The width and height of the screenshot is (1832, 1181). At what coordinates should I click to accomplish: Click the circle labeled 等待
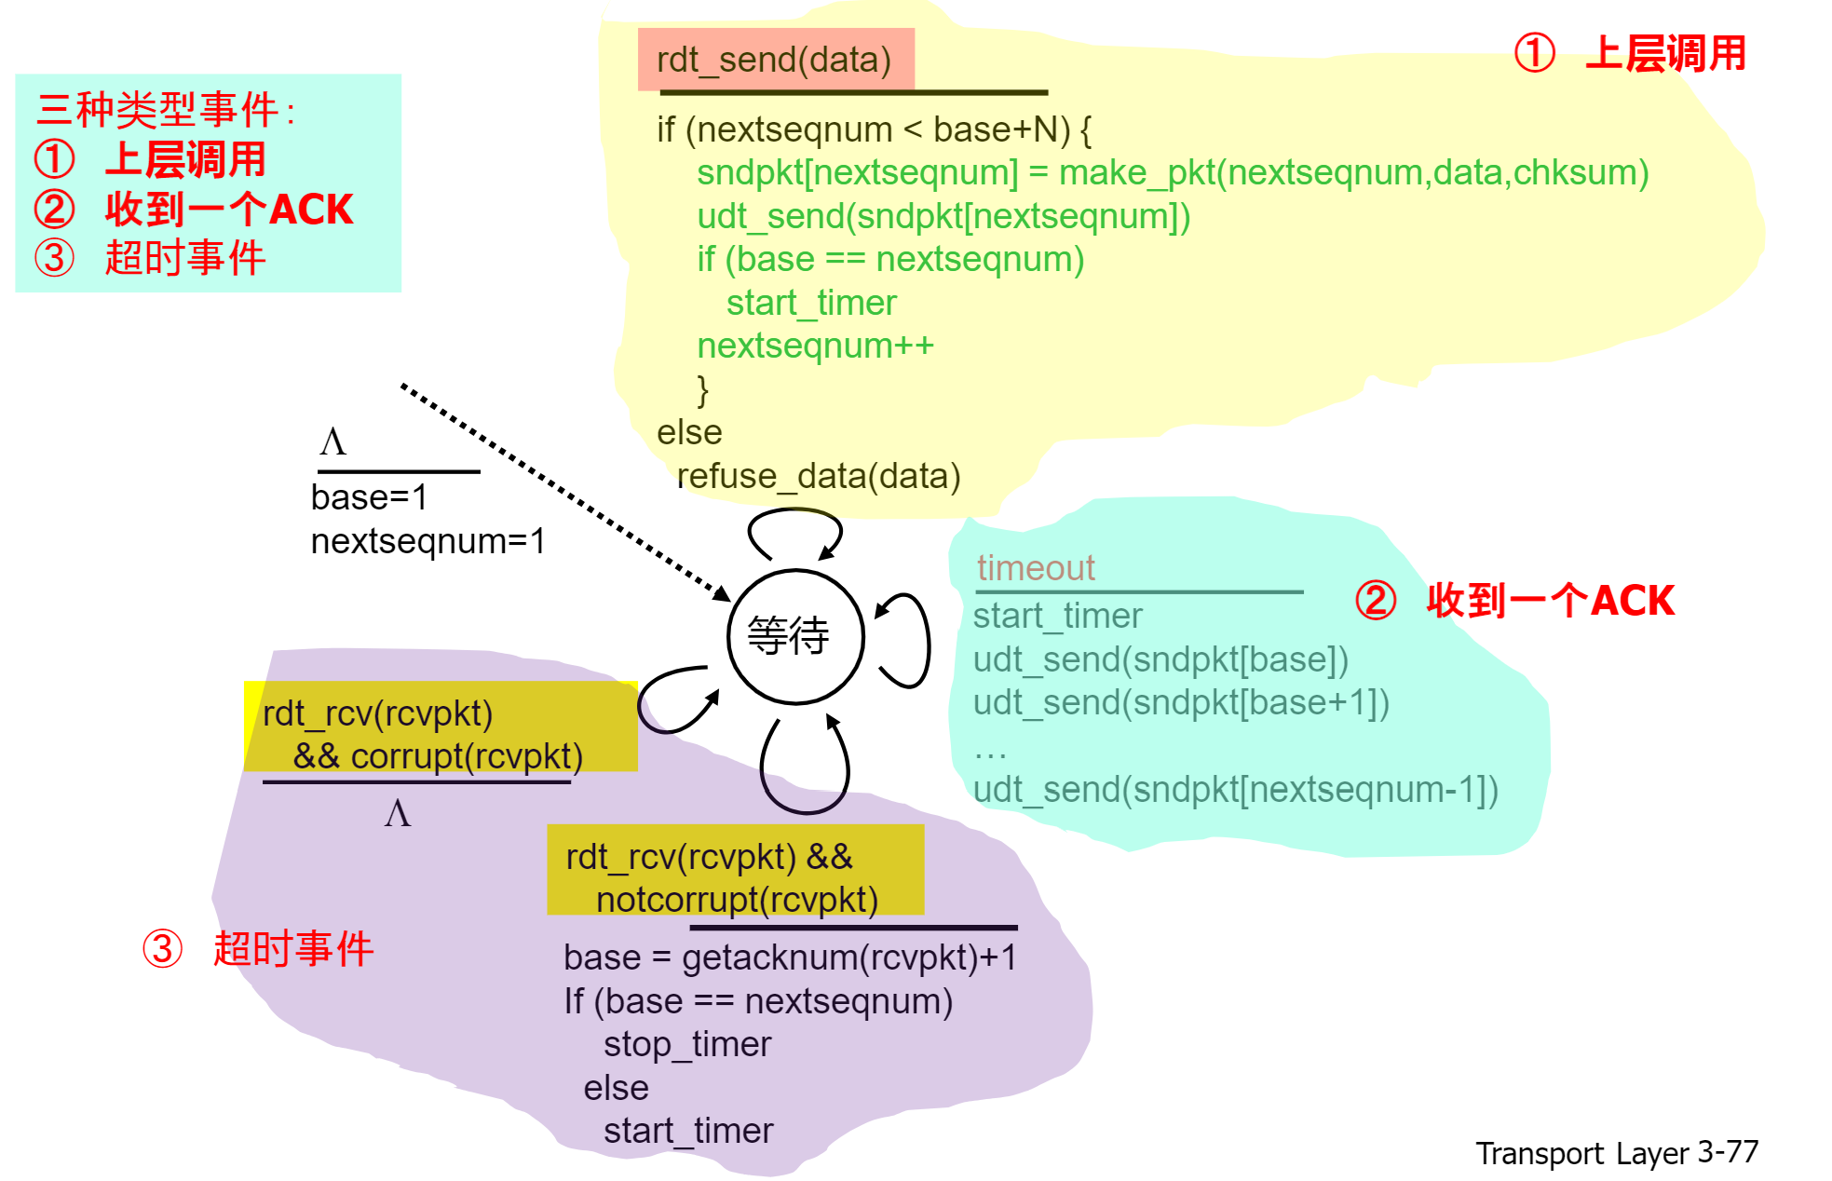[794, 636]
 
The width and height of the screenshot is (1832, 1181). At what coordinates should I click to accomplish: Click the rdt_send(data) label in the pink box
[774, 60]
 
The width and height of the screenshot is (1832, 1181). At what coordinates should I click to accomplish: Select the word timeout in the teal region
[1035, 568]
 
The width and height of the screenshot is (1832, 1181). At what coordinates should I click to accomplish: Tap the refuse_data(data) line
[818, 476]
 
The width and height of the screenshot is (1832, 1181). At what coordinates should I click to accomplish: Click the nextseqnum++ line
[815, 346]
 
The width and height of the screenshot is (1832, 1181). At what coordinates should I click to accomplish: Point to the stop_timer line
[686, 1044]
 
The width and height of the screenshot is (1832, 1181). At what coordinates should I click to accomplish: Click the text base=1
[369, 497]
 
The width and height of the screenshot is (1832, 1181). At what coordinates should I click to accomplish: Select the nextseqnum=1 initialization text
[427, 541]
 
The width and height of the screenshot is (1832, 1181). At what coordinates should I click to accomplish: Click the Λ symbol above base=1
[332, 441]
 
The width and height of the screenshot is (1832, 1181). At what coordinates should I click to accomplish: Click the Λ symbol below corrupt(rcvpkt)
[398, 814]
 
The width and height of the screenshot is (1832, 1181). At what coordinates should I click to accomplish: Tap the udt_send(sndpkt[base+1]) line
[1180, 702]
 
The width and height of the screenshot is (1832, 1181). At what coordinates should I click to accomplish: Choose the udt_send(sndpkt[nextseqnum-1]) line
[1235, 790]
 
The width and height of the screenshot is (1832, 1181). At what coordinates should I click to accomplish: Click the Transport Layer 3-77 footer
[1616, 1153]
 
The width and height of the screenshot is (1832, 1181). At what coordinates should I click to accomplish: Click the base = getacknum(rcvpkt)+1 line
[790, 957]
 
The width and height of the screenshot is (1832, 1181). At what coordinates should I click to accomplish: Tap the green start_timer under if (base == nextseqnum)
[810, 303]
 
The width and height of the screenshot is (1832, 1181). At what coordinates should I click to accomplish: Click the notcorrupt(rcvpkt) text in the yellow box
[736, 900]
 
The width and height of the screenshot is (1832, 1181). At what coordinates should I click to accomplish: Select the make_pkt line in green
[1173, 172]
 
